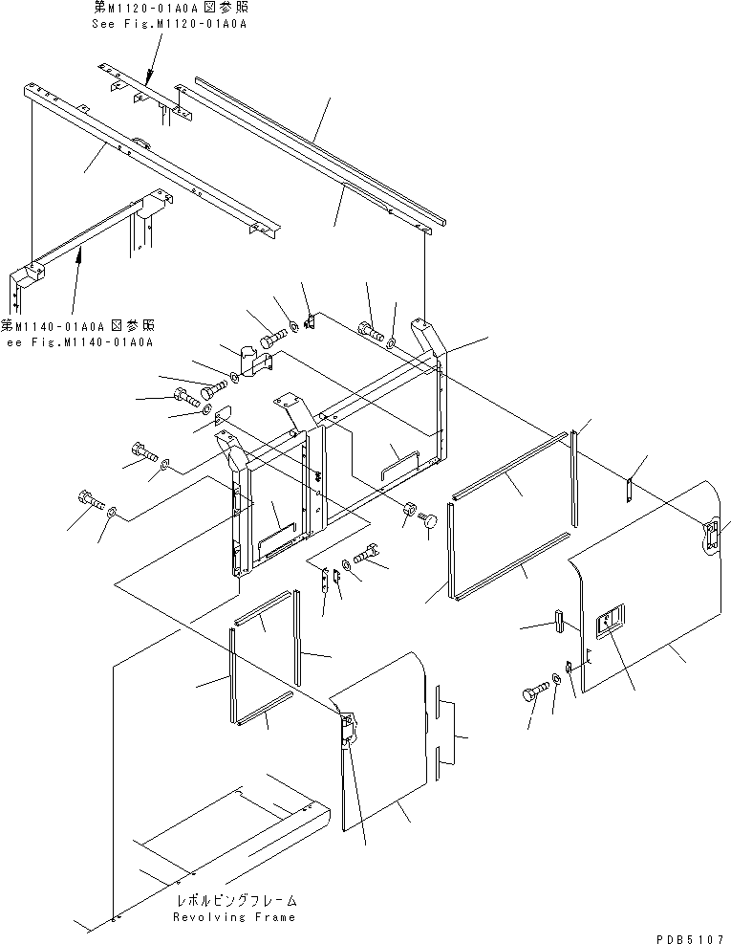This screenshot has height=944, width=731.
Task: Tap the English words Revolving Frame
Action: coord(234,916)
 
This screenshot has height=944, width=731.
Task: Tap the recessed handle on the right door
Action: coord(609,625)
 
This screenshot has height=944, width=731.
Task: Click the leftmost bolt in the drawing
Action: coord(87,499)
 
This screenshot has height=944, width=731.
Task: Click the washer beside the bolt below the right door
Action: coord(555,680)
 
